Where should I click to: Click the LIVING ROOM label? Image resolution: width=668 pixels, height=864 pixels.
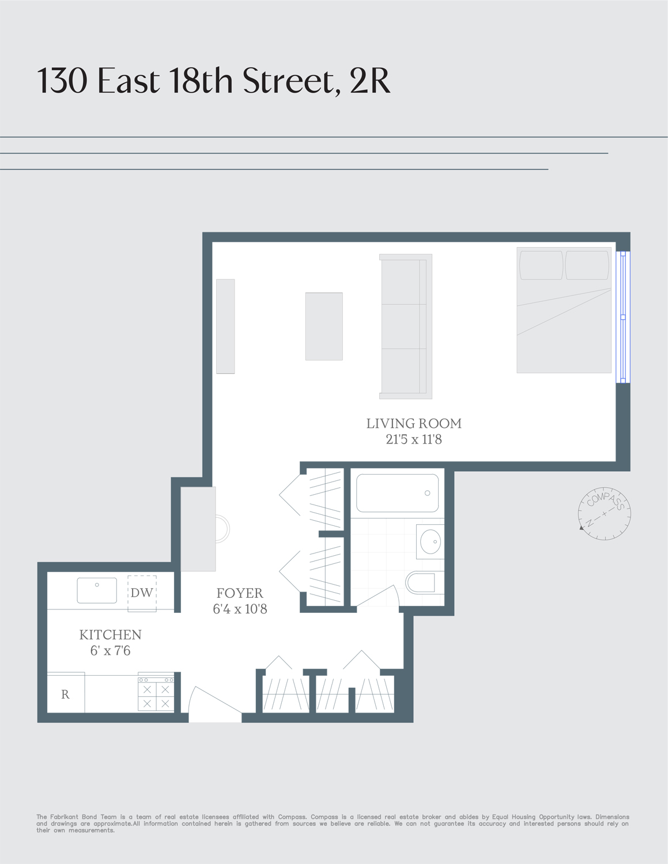point(414,423)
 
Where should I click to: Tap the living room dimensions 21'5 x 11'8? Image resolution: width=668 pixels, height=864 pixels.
point(414,439)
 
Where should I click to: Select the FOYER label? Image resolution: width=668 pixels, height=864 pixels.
point(240,593)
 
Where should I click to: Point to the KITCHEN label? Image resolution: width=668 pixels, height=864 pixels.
point(110,635)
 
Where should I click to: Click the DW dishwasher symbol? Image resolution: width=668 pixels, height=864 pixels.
point(142,593)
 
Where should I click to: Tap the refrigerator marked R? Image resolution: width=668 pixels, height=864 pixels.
point(66,694)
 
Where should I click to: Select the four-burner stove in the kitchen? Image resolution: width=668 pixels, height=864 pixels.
point(156,693)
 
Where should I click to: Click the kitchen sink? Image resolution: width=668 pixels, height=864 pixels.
point(97,590)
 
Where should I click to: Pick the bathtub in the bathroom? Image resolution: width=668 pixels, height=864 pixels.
point(397,493)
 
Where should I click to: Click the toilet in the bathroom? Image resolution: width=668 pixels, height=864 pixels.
point(424,583)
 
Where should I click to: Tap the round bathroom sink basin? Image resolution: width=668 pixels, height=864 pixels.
point(430,541)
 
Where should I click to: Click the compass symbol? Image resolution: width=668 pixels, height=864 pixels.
point(605,513)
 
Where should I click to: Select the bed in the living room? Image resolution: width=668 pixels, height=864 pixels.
point(564,310)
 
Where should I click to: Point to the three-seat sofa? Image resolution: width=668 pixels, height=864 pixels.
point(406,327)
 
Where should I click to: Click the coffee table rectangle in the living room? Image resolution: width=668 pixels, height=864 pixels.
point(324,327)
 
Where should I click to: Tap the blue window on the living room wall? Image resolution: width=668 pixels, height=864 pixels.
point(622,317)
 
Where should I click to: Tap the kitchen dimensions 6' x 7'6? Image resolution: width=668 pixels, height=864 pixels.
point(110,651)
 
